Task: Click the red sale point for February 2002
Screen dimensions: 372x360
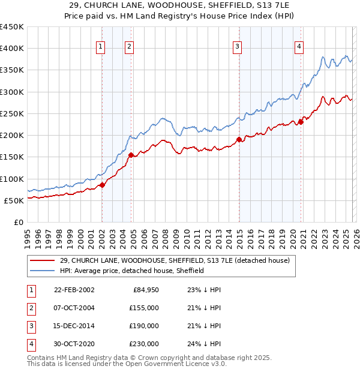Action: pyautogui.click(x=102, y=185)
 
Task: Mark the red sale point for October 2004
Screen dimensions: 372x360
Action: pyautogui.click(x=131, y=155)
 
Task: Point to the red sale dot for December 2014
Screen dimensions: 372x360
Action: pyautogui.click(x=239, y=140)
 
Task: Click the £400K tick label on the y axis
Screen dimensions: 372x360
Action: pyautogui.click(x=12, y=49)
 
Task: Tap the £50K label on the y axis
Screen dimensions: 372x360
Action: pyautogui.click(x=14, y=200)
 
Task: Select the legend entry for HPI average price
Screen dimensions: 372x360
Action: pyautogui.click(x=132, y=271)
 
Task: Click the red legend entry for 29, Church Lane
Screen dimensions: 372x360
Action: pyautogui.click(x=175, y=260)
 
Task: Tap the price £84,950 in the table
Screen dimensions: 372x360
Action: pyautogui.click(x=144, y=290)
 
